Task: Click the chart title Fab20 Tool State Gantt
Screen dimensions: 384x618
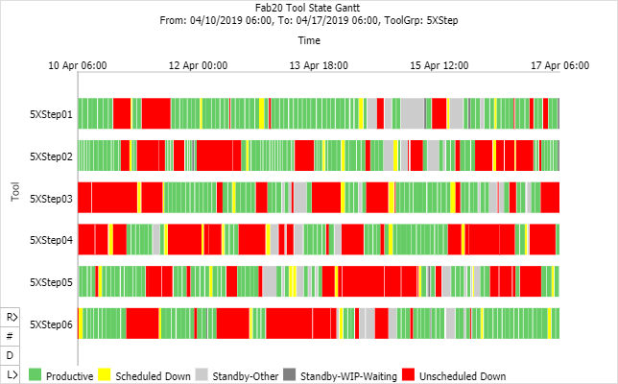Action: [x=309, y=7]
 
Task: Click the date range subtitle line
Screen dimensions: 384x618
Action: [x=309, y=19]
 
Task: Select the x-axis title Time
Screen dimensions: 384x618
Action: [x=309, y=40]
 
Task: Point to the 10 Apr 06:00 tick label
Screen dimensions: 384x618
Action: [x=79, y=65]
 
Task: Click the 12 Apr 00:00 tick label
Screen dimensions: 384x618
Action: [x=199, y=65]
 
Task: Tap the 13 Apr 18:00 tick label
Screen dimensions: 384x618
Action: [x=320, y=65]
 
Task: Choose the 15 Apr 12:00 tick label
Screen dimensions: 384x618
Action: [x=440, y=65]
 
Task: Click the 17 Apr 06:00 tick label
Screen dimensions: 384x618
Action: [x=559, y=65]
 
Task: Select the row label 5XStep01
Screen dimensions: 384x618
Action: [x=51, y=114]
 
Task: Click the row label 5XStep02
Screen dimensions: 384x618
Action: [x=51, y=156]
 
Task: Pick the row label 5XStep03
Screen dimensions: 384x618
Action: [x=51, y=198]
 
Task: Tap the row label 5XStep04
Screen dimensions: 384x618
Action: [x=51, y=240]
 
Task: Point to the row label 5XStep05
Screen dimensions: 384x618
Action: [x=51, y=282]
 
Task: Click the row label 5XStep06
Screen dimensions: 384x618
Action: [x=51, y=324]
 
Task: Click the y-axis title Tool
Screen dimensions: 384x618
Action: [x=15, y=191]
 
